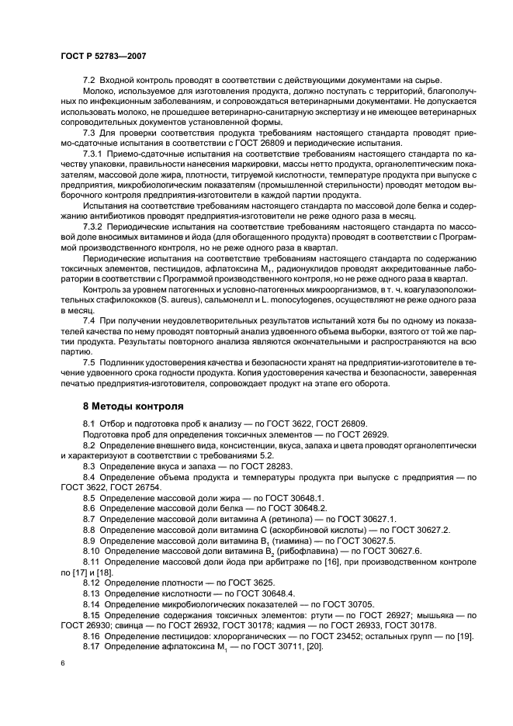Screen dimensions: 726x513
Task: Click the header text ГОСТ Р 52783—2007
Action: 103,57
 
